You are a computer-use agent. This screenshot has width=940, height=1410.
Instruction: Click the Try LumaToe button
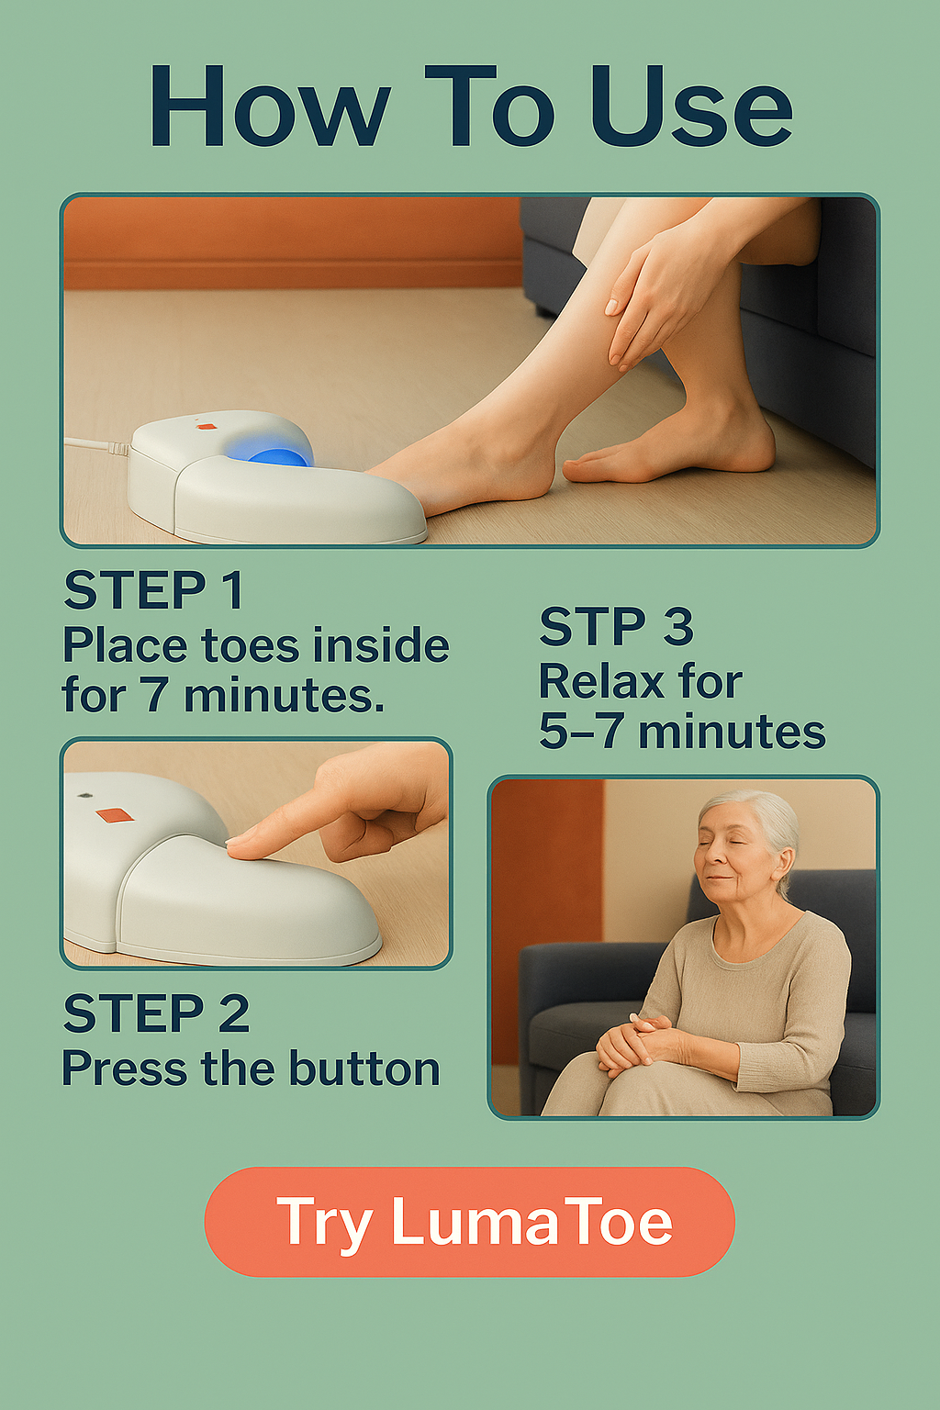point(470,1222)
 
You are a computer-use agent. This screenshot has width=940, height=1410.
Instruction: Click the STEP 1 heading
point(153,590)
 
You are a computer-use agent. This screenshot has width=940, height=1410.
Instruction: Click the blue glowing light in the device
point(277,453)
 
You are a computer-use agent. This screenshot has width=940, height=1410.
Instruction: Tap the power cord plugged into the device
point(97,443)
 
